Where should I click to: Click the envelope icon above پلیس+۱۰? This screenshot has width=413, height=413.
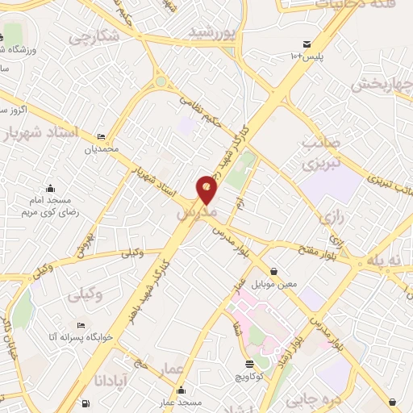[x=307, y=44]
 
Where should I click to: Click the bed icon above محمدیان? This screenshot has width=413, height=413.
[x=101, y=137]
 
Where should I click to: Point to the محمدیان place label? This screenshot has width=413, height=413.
[x=102, y=149]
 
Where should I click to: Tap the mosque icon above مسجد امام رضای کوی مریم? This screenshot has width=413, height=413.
[x=50, y=187]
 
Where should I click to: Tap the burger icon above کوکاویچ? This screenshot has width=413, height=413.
[x=249, y=365]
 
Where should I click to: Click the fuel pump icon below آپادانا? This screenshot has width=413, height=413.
[x=86, y=403]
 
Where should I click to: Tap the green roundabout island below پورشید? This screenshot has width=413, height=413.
[x=161, y=81]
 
